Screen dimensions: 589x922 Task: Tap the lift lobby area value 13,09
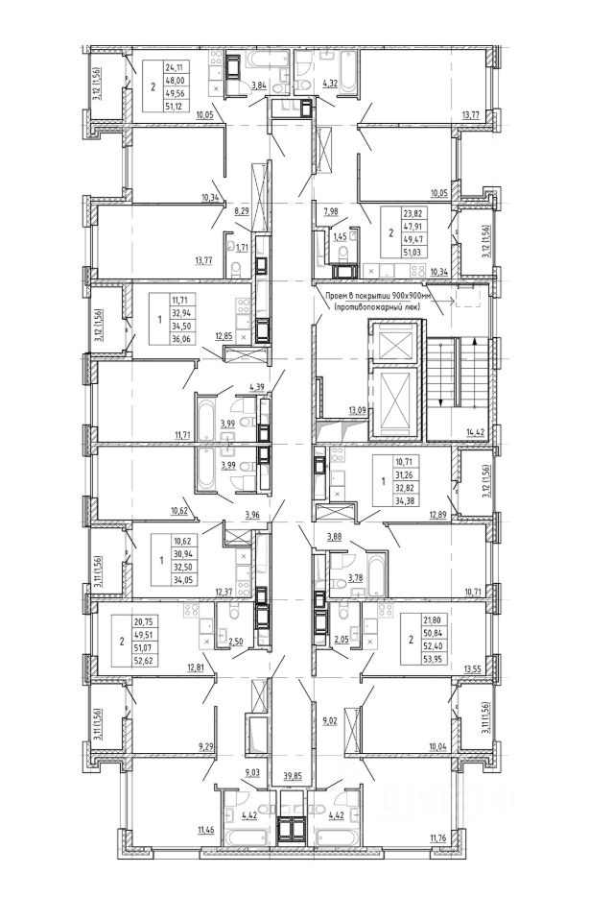(x=358, y=411)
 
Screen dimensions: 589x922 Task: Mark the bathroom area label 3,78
(x=354, y=577)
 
